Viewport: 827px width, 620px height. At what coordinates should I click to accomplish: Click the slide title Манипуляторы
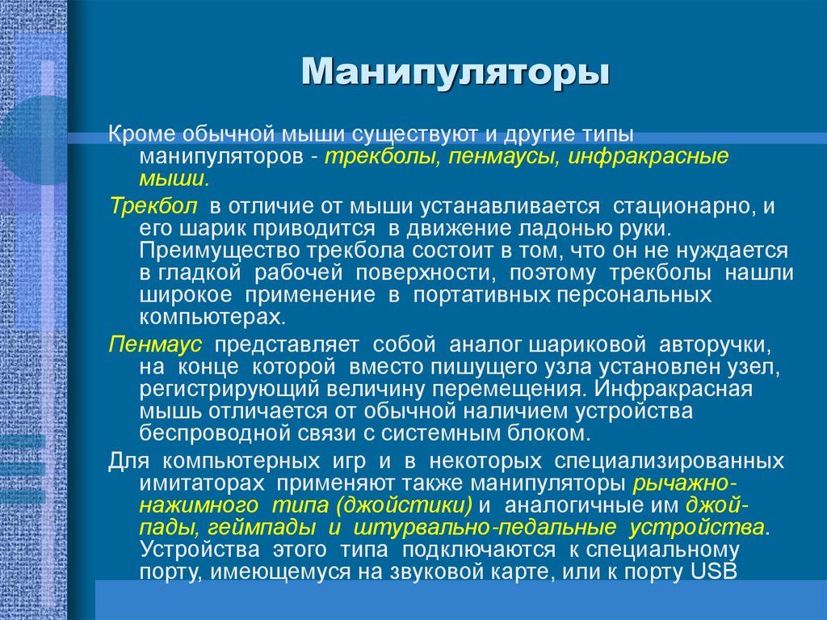point(455,73)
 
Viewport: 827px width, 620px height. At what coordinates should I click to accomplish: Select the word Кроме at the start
point(139,133)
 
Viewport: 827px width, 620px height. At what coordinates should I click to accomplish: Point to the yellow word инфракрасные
point(649,155)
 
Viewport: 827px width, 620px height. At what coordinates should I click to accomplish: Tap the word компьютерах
point(212,318)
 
